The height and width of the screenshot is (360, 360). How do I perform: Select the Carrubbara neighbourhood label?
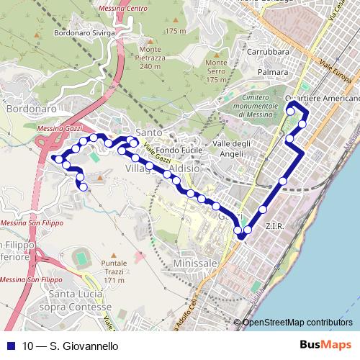click(267, 53)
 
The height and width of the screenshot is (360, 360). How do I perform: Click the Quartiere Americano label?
click(321, 98)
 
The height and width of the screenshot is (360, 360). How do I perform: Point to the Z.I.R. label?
click(276, 226)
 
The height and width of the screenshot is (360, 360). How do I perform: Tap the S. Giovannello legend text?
click(70, 346)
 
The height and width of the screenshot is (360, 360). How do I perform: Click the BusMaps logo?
click(325, 345)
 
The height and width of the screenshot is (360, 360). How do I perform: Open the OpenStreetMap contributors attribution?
click(297, 323)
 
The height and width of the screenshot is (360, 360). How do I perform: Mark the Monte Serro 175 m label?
click(216, 71)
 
